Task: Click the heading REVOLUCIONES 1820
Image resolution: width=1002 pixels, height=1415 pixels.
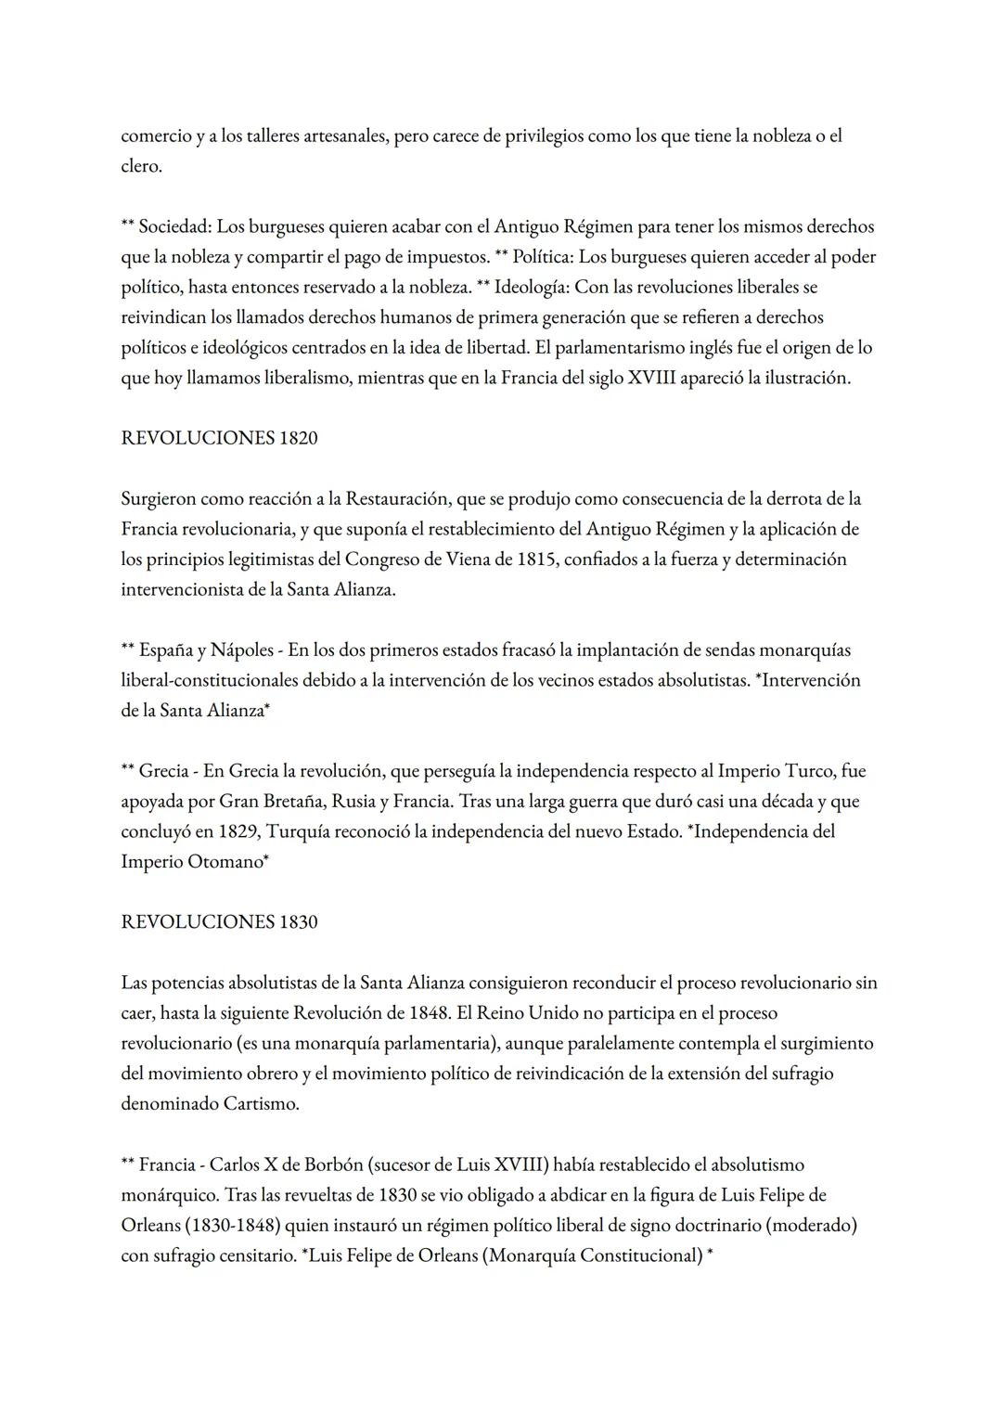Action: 219,438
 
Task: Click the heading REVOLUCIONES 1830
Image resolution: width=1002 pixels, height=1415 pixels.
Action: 219,921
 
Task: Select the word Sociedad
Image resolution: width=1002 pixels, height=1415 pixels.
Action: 174,226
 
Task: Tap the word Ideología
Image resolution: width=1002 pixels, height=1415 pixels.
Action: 532,287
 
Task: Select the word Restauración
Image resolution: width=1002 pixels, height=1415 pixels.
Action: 399,499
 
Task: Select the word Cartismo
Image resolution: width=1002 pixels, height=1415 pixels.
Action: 261,1103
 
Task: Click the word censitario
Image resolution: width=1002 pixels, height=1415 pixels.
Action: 252,1255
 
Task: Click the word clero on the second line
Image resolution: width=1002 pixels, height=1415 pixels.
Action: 140,166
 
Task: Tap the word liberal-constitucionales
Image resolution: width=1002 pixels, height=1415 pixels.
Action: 221,680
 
